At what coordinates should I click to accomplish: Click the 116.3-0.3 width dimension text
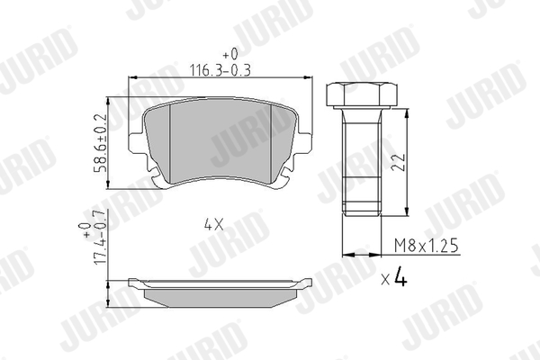pyautogui.click(x=220, y=70)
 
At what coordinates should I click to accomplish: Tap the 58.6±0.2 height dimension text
pyautogui.click(x=101, y=144)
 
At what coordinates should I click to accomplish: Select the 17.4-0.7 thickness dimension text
pyautogui.click(x=100, y=238)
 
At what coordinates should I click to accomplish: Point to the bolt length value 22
pyautogui.click(x=399, y=162)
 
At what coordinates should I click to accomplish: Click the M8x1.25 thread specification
pyautogui.click(x=427, y=246)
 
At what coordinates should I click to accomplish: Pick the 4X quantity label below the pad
pyautogui.click(x=214, y=225)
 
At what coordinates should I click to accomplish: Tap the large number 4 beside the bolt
pyautogui.click(x=400, y=276)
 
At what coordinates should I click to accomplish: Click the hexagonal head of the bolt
pyautogui.click(x=361, y=94)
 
